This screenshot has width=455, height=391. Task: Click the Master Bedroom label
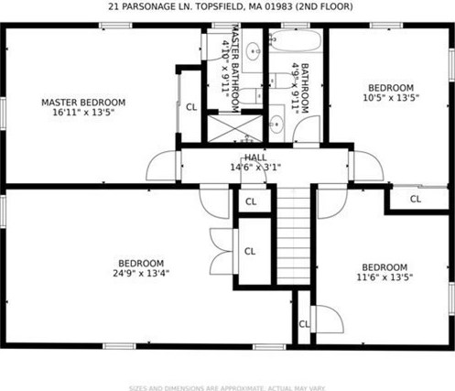(x=83, y=103)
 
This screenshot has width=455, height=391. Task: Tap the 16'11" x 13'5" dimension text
(x=83, y=113)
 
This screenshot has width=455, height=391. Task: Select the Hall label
(x=255, y=157)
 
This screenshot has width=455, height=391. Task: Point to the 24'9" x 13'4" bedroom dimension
(x=141, y=273)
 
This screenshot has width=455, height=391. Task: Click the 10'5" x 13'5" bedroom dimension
(x=391, y=98)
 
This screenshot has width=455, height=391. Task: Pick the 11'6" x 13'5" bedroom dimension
(x=385, y=277)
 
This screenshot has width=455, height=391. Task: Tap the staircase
(x=294, y=236)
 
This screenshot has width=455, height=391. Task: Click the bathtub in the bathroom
(x=295, y=41)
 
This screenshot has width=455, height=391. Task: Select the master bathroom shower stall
(x=235, y=128)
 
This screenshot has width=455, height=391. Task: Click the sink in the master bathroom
(x=253, y=51)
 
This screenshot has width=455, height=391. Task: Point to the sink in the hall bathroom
(x=276, y=124)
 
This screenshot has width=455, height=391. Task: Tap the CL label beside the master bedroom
(x=191, y=107)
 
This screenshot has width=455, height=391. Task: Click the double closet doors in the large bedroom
(x=222, y=251)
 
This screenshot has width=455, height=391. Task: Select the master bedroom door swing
(x=161, y=166)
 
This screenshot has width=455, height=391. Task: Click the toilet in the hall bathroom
(x=281, y=81)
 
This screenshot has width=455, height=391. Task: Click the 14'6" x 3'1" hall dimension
(x=255, y=168)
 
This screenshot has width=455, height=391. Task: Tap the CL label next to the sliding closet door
(x=416, y=199)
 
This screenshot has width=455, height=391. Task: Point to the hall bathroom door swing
(x=306, y=130)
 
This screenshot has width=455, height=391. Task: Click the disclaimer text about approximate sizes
(x=227, y=388)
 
